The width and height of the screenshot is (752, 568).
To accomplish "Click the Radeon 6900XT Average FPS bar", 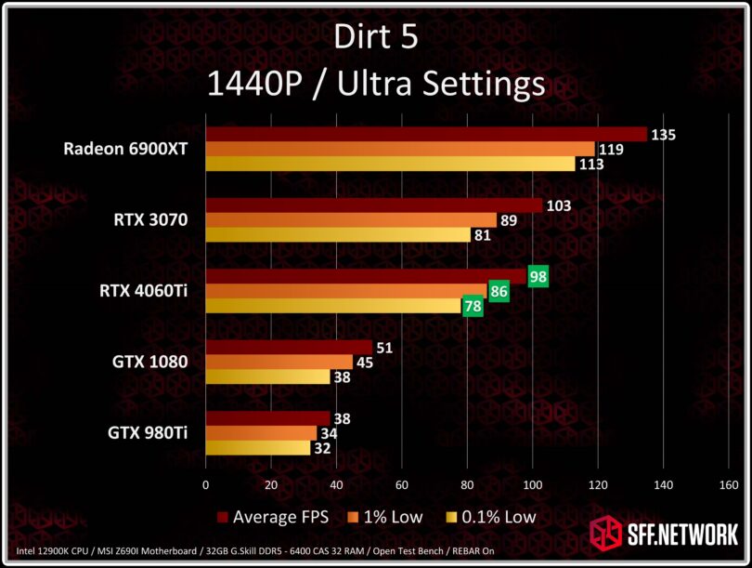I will point(425,135).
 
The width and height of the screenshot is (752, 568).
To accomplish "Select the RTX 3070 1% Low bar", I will point(351,220).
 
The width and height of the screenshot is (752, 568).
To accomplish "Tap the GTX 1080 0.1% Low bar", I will point(267,377).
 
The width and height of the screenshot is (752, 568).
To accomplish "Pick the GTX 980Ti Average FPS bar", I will point(267,418).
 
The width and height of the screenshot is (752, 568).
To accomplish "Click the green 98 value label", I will point(538,276).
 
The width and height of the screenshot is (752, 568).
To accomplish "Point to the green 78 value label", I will point(473,306).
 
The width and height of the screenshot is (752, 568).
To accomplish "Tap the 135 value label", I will point(663,135).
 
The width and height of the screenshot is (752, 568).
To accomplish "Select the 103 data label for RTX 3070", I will point(558,205).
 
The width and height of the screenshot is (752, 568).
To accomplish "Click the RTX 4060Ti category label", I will point(144,291).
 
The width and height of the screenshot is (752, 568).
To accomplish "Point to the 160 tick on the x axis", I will point(729,484).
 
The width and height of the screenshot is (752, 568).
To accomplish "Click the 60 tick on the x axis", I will point(401,484).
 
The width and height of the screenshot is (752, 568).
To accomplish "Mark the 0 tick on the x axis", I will point(205,484).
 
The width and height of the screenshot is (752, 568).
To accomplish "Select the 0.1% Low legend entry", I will point(491,517).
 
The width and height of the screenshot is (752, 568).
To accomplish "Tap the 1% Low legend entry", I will point(387,517).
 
